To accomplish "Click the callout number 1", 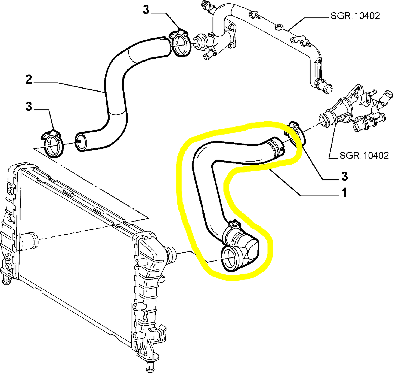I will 344,193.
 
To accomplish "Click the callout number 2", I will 29,80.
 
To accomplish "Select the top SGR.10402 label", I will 355,16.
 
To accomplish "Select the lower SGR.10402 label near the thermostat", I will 364,156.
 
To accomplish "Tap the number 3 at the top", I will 146,10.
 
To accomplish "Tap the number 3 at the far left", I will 29,107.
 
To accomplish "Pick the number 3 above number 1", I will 344,177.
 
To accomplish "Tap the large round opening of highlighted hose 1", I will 229,259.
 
